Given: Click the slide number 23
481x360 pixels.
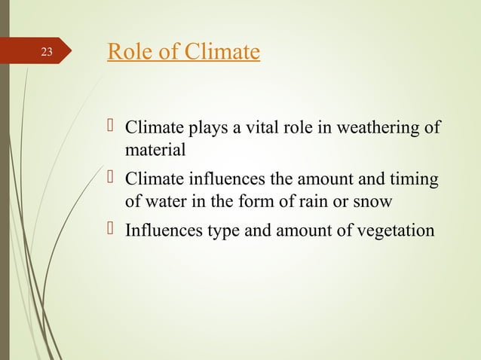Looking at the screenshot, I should [47, 53].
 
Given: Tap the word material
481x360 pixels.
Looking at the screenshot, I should [155, 150].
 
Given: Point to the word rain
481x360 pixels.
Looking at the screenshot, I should [314, 203].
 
